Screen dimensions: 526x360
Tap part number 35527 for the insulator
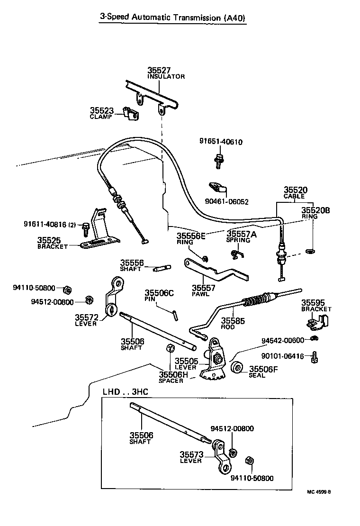(159, 71)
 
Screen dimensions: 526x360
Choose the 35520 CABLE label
(295, 192)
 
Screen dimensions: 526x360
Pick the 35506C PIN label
(159, 296)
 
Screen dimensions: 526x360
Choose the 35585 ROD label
(233, 323)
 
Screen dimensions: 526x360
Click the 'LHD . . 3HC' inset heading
(125, 392)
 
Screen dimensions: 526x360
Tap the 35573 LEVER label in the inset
(192, 457)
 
